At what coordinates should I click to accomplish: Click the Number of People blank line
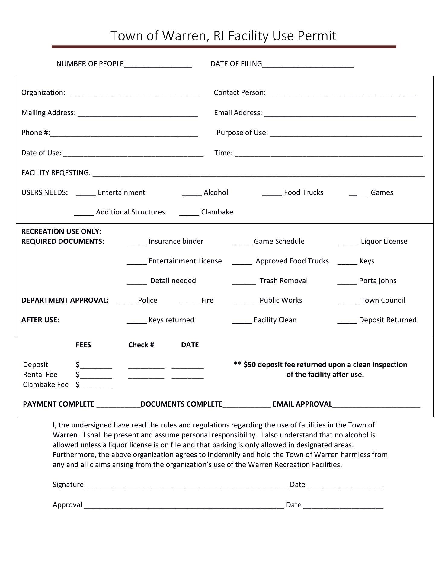point(158,64)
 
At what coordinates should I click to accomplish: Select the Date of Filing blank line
point(308,64)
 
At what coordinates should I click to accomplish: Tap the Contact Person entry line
point(341,93)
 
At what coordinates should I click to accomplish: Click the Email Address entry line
point(340,113)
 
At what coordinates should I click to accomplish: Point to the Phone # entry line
point(124,133)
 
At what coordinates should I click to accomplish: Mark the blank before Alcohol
point(192,193)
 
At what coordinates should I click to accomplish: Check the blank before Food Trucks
point(272,193)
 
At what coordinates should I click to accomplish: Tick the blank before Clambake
point(189,213)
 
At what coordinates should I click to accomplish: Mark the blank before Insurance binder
point(136,242)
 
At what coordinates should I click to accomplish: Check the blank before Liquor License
point(349,242)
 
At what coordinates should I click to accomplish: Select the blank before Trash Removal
point(244,282)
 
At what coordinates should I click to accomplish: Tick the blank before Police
point(126,301)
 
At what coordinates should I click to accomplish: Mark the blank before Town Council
point(349,301)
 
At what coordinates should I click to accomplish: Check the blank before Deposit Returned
point(347,321)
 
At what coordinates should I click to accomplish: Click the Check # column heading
point(141,345)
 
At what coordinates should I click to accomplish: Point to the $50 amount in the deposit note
point(250,365)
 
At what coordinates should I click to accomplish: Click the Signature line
point(186,485)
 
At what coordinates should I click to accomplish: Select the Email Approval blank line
point(376,405)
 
